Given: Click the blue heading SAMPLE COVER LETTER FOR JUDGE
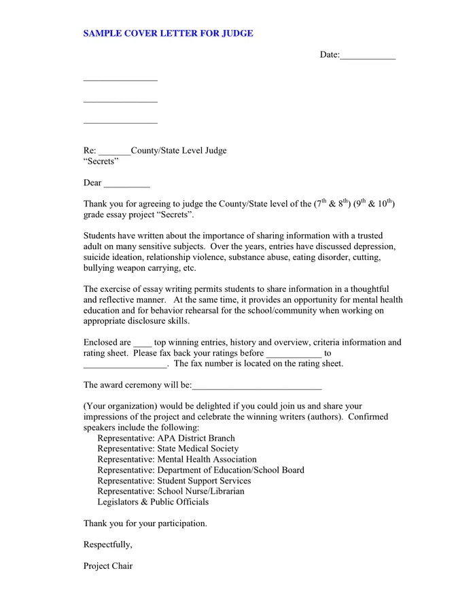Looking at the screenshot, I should point(168,33).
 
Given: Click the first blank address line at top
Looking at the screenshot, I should point(120,80).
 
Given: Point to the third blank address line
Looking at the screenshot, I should point(120,123).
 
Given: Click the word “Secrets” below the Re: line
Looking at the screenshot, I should point(101,162).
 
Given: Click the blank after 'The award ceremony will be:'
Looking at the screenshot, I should point(256,387).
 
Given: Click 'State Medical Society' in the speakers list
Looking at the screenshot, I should point(198,449).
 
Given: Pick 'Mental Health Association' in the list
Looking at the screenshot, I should point(207,460).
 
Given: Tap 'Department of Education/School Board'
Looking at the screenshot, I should point(230,470).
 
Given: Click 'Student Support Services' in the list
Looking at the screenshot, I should point(204,481).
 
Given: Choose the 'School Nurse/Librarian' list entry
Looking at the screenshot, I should point(200,491).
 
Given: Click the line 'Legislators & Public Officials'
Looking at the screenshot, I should point(153,502).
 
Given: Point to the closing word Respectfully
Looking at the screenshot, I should point(107,544).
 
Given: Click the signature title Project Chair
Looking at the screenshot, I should point(108,566).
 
